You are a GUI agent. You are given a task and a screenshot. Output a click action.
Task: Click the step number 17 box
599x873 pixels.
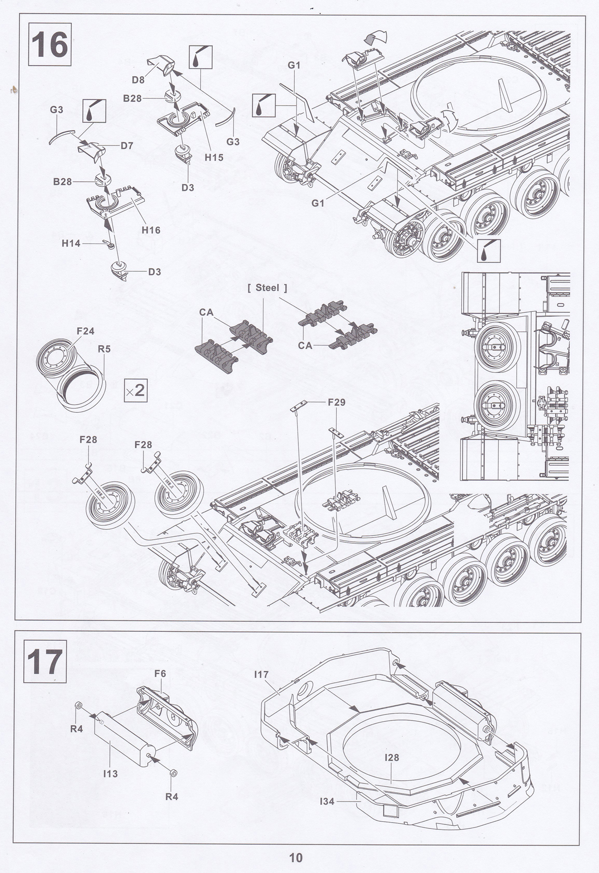pos(45,661)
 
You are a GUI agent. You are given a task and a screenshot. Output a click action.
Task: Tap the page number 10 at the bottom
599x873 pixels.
pos(296,858)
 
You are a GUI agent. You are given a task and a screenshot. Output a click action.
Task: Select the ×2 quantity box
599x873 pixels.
pos(135,390)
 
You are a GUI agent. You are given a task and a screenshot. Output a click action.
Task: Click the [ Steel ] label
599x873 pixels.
pos(267,288)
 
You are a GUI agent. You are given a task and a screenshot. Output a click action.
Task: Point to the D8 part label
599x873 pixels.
pos(138,80)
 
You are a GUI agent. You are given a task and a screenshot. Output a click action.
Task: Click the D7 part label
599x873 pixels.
pos(126,146)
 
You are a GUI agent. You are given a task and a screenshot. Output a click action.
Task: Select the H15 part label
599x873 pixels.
pos(214,157)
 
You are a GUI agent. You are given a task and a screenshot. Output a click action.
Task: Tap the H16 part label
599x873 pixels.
pos(151,230)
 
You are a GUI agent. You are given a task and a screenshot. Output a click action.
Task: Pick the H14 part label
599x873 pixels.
pos(71,243)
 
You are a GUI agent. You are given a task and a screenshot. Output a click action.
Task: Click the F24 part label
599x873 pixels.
pos(86,331)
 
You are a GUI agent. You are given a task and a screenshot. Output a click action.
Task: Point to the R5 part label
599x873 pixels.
pos(104,349)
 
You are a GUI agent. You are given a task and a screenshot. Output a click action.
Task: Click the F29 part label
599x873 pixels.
pos(337,402)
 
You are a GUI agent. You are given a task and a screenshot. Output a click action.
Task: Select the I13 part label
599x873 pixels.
pos(110,774)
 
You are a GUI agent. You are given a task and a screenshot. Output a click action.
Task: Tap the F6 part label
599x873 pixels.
pos(160,673)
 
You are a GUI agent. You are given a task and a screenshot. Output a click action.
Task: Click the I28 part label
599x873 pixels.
pos(392,757)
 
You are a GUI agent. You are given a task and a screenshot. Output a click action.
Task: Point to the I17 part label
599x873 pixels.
pos(261,674)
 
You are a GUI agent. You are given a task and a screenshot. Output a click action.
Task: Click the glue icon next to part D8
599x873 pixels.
pos(200,57)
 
